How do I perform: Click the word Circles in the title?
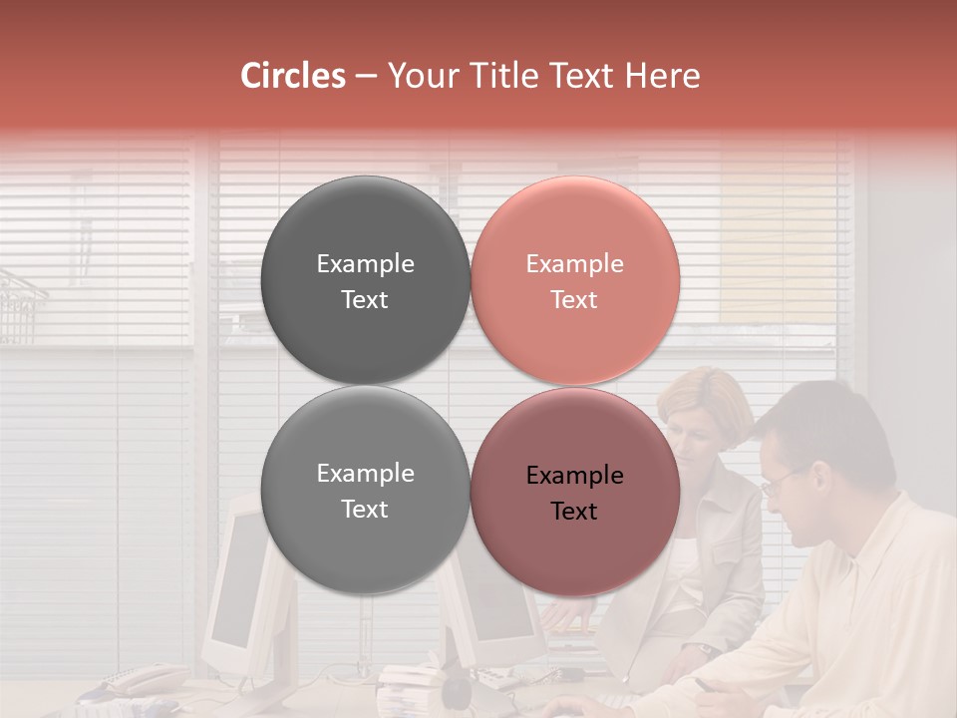coord(292,76)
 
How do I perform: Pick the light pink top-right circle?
coord(575,219)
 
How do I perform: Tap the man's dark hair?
coord(827,419)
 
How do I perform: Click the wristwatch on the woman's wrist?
coord(706,649)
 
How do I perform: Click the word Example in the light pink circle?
coord(574,264)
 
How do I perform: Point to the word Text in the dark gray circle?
coord(365,300)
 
